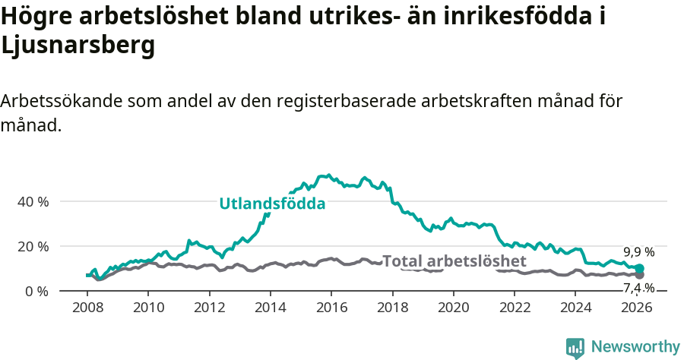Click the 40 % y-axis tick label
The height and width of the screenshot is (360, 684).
(x=33, y=202)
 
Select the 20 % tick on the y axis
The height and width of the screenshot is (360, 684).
(x=33, y=247)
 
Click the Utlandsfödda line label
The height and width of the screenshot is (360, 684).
(x=272, y=204)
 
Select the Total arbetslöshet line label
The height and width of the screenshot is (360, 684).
(x=454, y=261)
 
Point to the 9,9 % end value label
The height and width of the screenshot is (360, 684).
(x=638, y=252)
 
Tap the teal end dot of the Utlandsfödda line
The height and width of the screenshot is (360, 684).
(x=639, y=269)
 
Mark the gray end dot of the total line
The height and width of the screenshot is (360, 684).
(x=639, y=275)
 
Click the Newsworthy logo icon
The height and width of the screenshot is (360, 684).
(x=575, y=347)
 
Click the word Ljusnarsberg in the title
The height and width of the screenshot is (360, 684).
(x=78, y=46)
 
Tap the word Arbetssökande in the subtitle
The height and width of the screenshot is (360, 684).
(x=60, y=101)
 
